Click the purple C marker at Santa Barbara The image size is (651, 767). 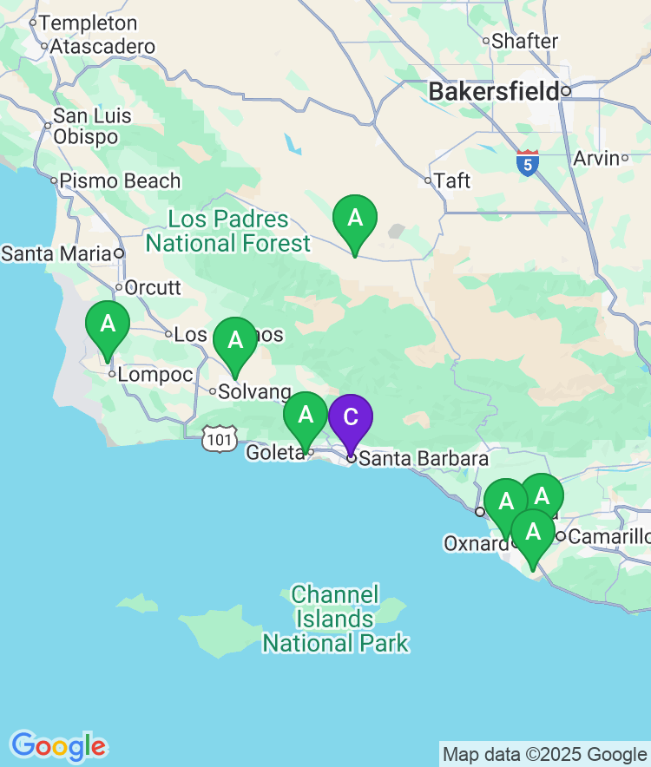[x=350, y=418]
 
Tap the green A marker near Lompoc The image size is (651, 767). [x=108, y=325]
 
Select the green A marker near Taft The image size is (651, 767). [x=355, y=219]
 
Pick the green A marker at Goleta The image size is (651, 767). [x=306, y=416]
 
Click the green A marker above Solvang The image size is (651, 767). [x=235, y=341]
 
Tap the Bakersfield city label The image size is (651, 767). [x=494, y=91]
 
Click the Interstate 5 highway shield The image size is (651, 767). [x=527, y=163]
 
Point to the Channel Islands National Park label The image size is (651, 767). [x=335, y=619]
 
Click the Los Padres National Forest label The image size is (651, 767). [x=227, y=231]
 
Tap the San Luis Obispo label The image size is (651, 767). [x=92, y=126]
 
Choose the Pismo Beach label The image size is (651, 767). [x=120, y=181]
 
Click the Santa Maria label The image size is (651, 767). [x=57, y=254]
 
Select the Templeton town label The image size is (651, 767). [x=88, y=23]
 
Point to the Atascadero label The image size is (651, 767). [x=102, y=47]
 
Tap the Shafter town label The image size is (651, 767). [x=524, y=41]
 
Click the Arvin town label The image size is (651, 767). [x=596, y=158]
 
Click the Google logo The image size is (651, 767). [x=58, y=745]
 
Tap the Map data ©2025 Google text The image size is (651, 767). [x=545, y=754]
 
